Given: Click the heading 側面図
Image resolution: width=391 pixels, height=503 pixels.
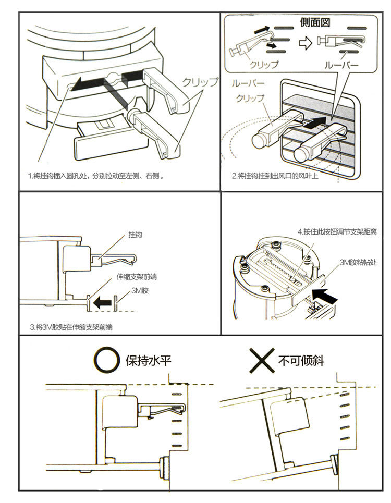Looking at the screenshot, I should click(315, 23).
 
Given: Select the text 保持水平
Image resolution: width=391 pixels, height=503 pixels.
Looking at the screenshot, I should click(149, 361).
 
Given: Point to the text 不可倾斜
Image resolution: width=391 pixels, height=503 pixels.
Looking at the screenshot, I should click(301, 361).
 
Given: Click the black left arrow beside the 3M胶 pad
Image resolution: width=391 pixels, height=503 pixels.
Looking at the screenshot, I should click(103, 301).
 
